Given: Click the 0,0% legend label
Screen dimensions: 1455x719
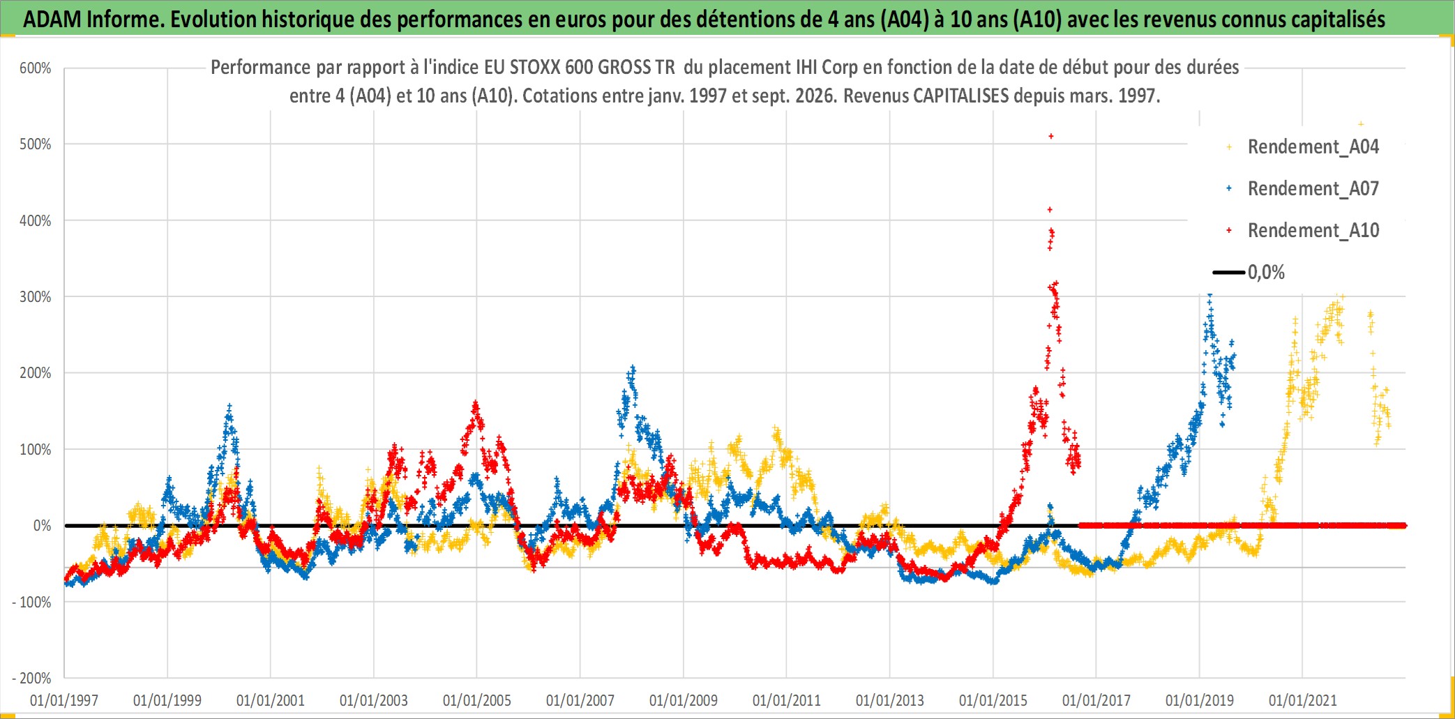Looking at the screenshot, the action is point(1266,273).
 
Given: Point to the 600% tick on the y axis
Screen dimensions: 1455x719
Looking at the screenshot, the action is point(36,68).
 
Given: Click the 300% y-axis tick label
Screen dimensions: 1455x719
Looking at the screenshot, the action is point(36,297).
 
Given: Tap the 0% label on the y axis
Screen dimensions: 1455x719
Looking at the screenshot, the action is point(43,526).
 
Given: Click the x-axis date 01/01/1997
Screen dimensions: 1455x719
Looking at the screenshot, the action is point(64,700).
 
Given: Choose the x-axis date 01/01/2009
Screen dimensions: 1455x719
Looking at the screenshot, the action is point(684,700).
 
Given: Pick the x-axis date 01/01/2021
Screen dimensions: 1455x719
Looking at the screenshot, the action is point(1303,700).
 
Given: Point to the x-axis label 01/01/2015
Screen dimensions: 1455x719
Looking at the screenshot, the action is point(993,700).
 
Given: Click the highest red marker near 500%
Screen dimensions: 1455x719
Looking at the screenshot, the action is point(1051,136).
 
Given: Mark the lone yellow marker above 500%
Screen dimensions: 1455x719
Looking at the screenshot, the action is point(1361,124).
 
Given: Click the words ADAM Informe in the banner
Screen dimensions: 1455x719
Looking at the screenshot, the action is point(93,19).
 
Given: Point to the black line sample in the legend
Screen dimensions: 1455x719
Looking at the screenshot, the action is point(1228,273).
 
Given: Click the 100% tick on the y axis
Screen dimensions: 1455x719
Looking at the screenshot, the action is point(36,450).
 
